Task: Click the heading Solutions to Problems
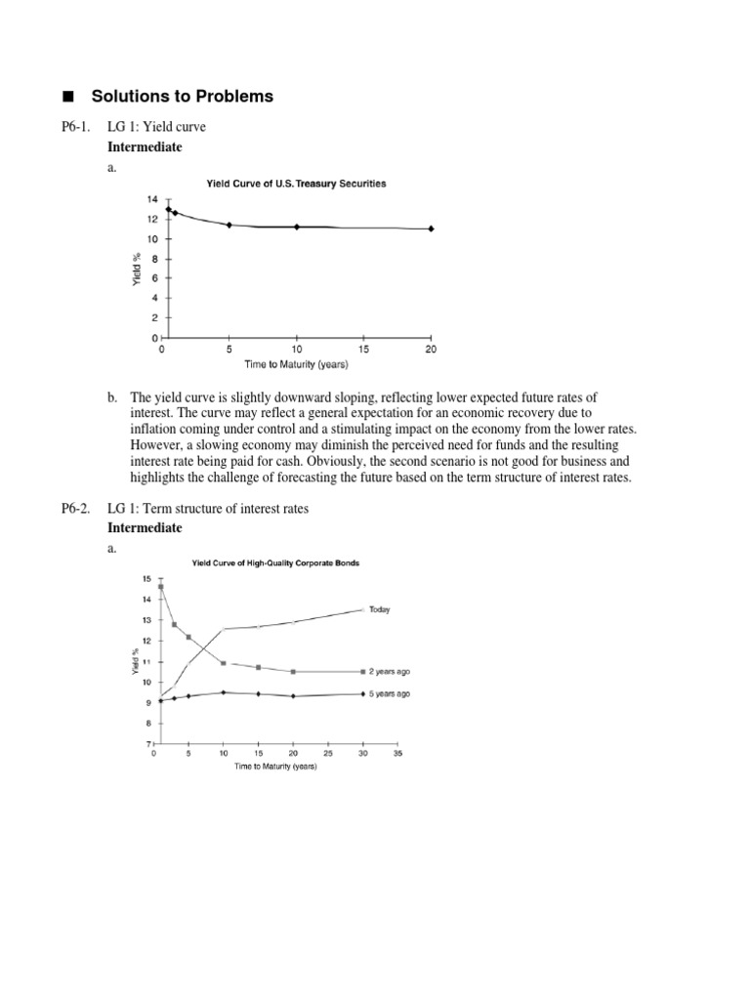[182, 96]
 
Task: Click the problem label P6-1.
[77, 127]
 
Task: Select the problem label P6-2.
[77, 510]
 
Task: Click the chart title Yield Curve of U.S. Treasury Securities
[295, 183]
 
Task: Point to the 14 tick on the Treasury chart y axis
[151, 199]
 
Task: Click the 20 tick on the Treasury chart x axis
[431, 349]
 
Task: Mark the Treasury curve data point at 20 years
[431, 229]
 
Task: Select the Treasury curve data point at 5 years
[229, 225]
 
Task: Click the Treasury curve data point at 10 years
[297, 227]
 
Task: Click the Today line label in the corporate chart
[380, 609]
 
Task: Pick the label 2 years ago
[390, 672]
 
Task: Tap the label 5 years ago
[390, 693]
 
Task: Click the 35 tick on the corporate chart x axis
[396, 755]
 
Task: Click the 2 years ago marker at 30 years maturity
[362, 672]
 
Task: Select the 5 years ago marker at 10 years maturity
[224, 692]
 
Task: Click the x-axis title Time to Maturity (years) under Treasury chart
[296, 364]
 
